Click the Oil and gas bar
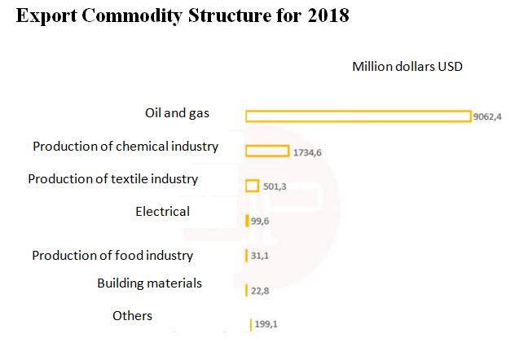(x=358, y=116)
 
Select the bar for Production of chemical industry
(x=266, y=151)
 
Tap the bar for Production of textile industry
(x=252, y=186)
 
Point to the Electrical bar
(x=247, y=221)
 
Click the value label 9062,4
(x=489, y=116)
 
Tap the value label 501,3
(x=275, y=187)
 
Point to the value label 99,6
(x=260, y=221)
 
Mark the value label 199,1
(x=266, y=324)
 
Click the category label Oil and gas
(x=177, y=113)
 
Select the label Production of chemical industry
(x=125, y=147)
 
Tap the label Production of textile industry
(x=113, y=179)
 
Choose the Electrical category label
(x=162, y=212)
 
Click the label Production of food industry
(x=112, y=256)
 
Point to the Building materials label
(x=149, y=283)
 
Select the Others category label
(x=132, y=316)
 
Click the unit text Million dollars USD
(x=407, y=67)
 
